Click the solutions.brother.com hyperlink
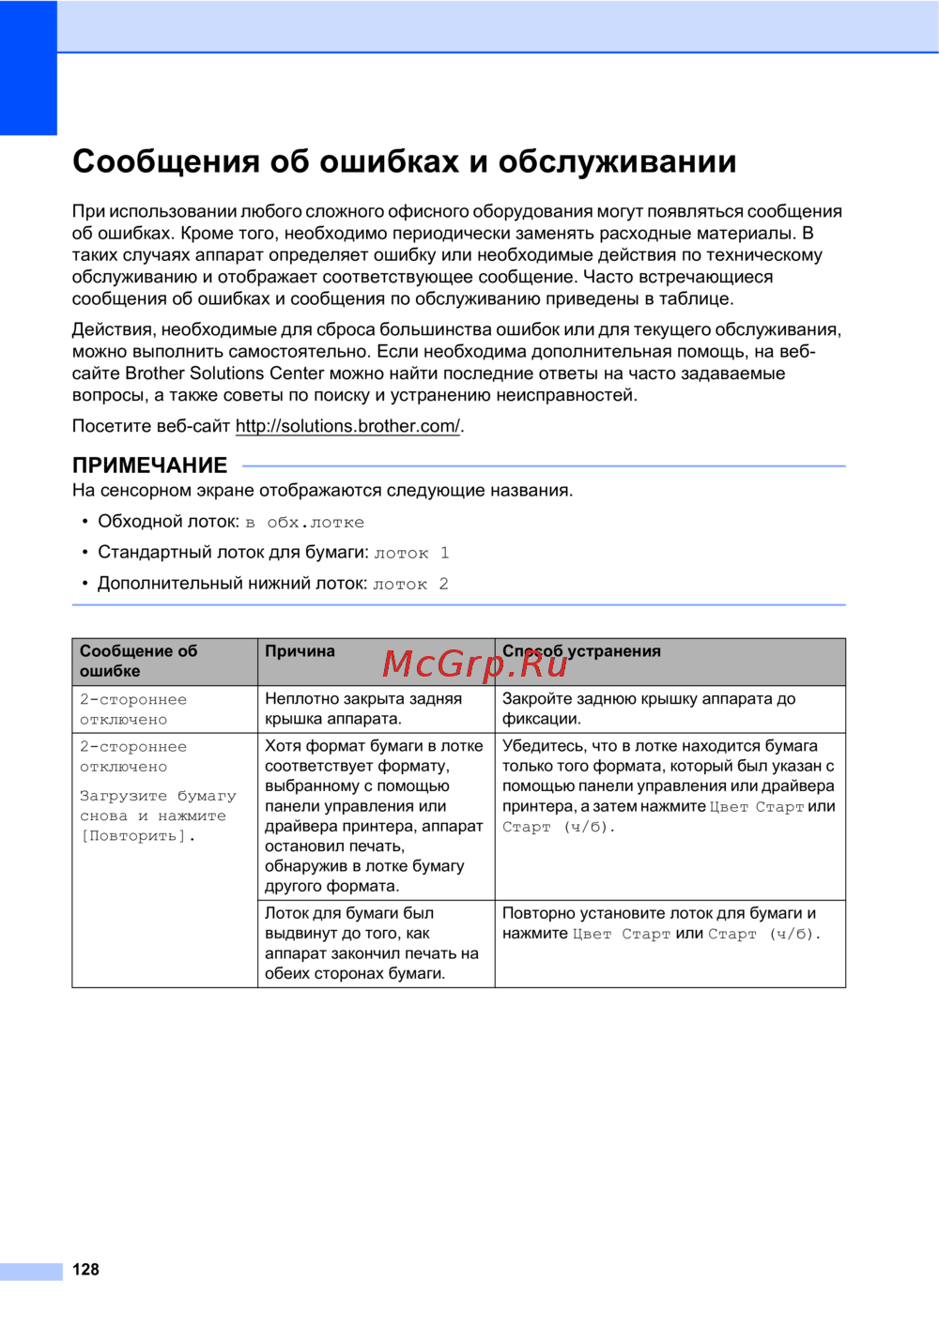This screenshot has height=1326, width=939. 347,426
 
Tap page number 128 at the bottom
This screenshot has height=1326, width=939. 85,1270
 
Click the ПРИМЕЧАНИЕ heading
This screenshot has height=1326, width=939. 150,465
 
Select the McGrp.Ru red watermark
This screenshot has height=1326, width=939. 475,664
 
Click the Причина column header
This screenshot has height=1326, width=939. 300,651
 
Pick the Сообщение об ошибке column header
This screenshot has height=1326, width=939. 138,661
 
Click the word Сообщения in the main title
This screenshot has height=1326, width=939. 166,161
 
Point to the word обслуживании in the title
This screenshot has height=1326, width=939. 617,161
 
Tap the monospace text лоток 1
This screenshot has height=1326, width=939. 411,554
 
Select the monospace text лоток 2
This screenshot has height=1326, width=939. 410,585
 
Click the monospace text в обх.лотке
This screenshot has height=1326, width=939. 305,523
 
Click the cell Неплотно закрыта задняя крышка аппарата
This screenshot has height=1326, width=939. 363,709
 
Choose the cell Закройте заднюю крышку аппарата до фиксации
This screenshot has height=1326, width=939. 649,709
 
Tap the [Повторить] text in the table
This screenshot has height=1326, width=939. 137,836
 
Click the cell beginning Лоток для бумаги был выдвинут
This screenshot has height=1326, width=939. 372,943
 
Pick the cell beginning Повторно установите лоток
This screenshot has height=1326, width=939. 661,923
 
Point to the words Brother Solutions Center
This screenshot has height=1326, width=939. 224,373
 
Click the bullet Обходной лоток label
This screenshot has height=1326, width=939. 168,522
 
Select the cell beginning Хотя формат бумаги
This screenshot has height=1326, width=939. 374,815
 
